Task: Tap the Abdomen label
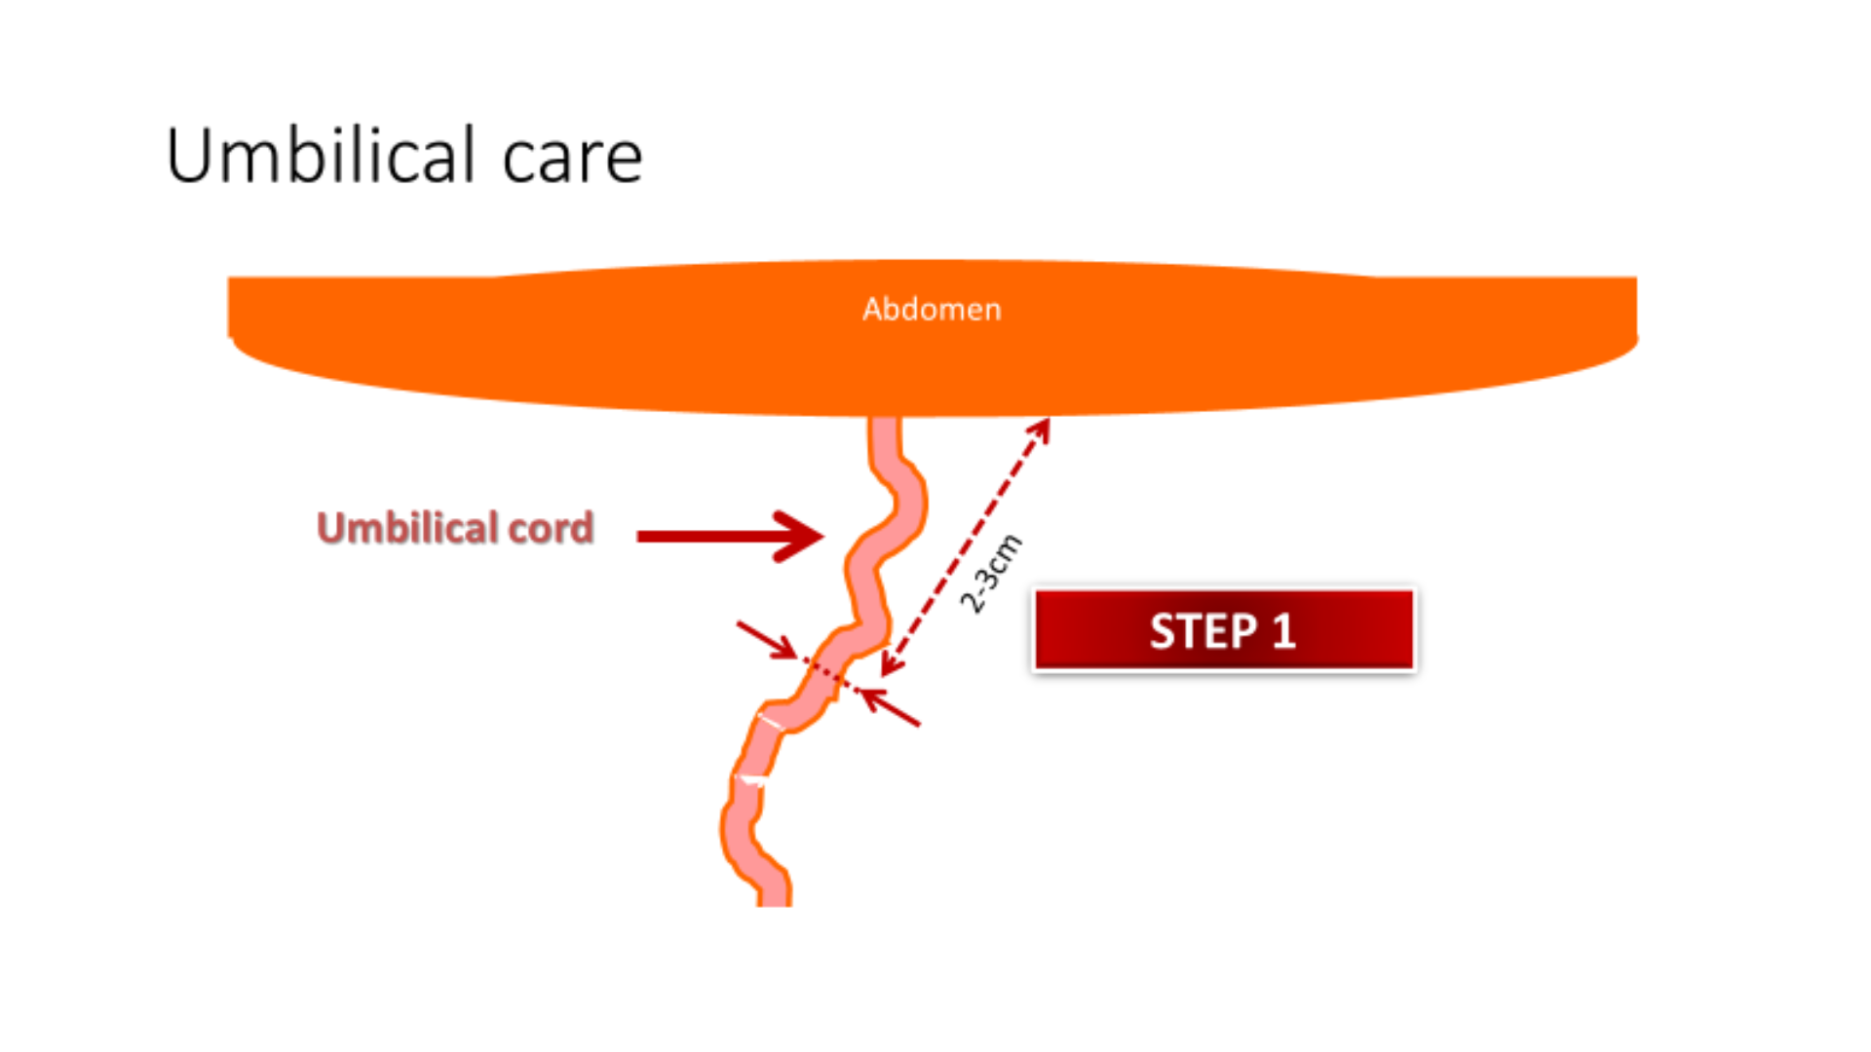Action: point(932,310)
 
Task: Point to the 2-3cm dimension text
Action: point(991,575)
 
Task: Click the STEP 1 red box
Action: point(1223,630)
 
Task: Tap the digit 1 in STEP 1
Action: point(1283,631)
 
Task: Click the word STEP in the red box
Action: point(1203,631)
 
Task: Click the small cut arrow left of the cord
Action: point(767,640)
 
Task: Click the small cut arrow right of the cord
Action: point(891,708)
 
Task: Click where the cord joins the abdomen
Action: point(885,421)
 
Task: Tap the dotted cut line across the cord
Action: point(828,675)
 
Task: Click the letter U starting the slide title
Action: point(190,156)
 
